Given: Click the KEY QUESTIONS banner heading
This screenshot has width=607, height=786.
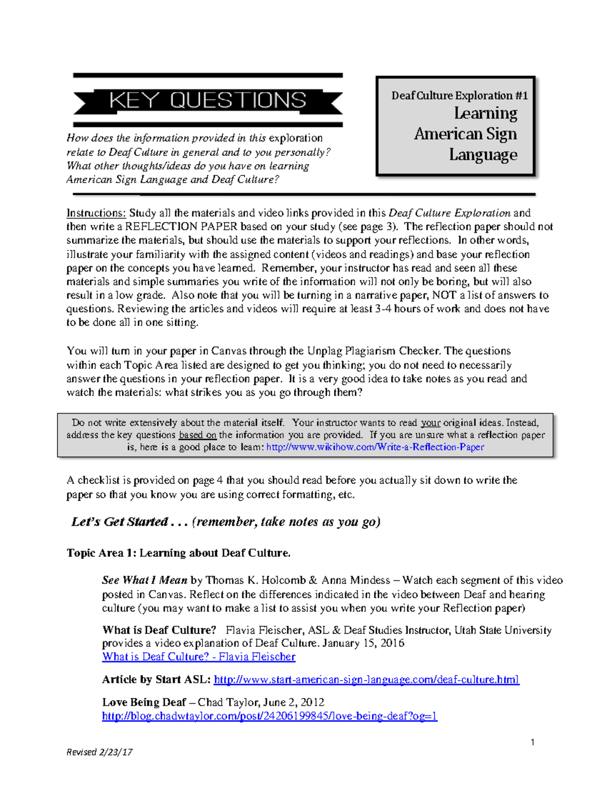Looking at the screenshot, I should pos(207,100).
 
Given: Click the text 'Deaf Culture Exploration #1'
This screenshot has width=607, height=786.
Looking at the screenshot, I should pos(459,96).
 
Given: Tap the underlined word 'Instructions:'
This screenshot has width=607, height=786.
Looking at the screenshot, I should pos(96,213).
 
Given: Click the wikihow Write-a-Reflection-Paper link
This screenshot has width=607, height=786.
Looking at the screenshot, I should pos(375,447).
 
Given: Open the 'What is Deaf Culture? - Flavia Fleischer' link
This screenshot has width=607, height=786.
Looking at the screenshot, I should pos(198,657).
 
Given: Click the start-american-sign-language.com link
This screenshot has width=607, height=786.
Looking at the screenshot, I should pos(366,680).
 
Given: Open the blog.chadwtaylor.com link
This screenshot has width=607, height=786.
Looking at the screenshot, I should pos(269,716).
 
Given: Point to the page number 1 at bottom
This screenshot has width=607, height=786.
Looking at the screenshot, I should pos(532,742).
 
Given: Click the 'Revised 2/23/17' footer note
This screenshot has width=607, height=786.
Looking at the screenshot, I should pos(100,752).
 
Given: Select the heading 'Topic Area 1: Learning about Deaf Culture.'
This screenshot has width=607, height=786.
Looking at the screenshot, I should pos(179,553).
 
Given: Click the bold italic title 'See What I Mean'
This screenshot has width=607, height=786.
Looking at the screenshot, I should pos(145,581).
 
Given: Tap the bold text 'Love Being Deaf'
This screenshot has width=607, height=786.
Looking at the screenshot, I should pos(144,702).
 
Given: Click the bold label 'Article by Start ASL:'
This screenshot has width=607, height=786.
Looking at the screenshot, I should pos(156,680).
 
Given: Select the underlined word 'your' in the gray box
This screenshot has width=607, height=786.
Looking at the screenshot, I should pos(430,423).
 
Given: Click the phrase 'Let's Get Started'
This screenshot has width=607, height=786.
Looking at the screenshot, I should pos(120,522).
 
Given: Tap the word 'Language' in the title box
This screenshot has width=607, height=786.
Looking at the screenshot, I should pos(483,154).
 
